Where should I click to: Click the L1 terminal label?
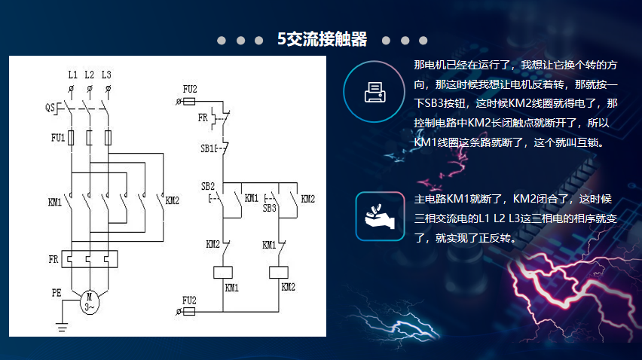[x=72, y=75]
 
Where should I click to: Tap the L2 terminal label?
[x=89, y=75]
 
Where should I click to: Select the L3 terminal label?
[x=106, y=75]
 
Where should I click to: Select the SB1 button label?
[x=208, y=148]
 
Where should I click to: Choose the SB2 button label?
[x=208, y=186]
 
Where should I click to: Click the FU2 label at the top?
[x=190, y=89]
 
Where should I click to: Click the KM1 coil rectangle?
[x=223, y=272]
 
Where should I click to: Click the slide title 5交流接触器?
[x=322, y=39]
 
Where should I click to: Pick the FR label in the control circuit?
[x=203, y=118]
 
